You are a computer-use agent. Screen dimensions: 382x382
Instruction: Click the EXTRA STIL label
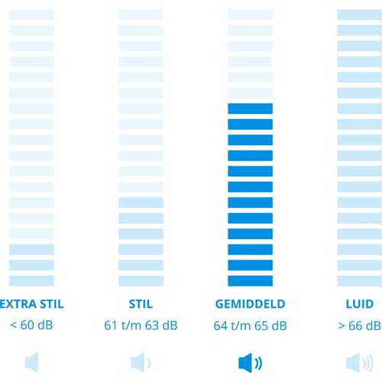pyautogui.click(x=31, y=304)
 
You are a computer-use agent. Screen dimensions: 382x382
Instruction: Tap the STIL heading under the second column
pyautogui.click(x=141, y=304)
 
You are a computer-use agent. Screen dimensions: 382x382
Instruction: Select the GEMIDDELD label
pyautogui.click(x=250, y=304)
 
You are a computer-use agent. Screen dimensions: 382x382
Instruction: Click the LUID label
pyautogui.click(x=360, y=304)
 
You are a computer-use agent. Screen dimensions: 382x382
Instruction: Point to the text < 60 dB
pyautogui.click(x=31, y=325)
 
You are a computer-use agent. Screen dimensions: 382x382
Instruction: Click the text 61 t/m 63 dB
pyautogui.click(x=141, y=325)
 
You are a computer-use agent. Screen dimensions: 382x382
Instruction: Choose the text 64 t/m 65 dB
pyautogui.click(x=250, y=325)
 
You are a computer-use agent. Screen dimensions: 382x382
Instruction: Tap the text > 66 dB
pyautogui.click(x=360, y=325)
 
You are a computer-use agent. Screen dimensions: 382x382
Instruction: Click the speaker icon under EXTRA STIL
pyautogui.click(x=31, y=362)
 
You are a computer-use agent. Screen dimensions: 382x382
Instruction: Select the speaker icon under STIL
pyautogui.click(x=141, y=362)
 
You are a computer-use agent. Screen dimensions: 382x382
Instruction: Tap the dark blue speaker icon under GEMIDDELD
pyautogui.click(x=250, y=363)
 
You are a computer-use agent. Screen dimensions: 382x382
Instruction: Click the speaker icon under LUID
pyautogui.click(x=360, y=363)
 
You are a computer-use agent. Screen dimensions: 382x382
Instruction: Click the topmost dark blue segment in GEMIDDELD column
pyautogui.click(x=250, y=108)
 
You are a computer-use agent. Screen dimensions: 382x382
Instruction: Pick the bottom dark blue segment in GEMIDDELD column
pyautogui.click(x=250, y=281)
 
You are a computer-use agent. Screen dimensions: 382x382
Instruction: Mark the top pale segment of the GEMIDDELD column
pyautogui.click(x=250, y=15)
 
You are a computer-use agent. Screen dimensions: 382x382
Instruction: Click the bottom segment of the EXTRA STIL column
pyautogui.click(x=31, y=281)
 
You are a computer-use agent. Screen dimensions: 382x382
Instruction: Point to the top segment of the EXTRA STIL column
pyautogui.click(x=31, y=15)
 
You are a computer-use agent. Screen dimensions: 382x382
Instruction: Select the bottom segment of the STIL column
pyautogui.click(x=141, y=281)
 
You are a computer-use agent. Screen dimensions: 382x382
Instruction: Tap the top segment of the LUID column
pyautogui.click(x=360, y=15)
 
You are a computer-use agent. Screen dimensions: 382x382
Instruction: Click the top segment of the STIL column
pyautogui.click(x=141, y=15)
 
